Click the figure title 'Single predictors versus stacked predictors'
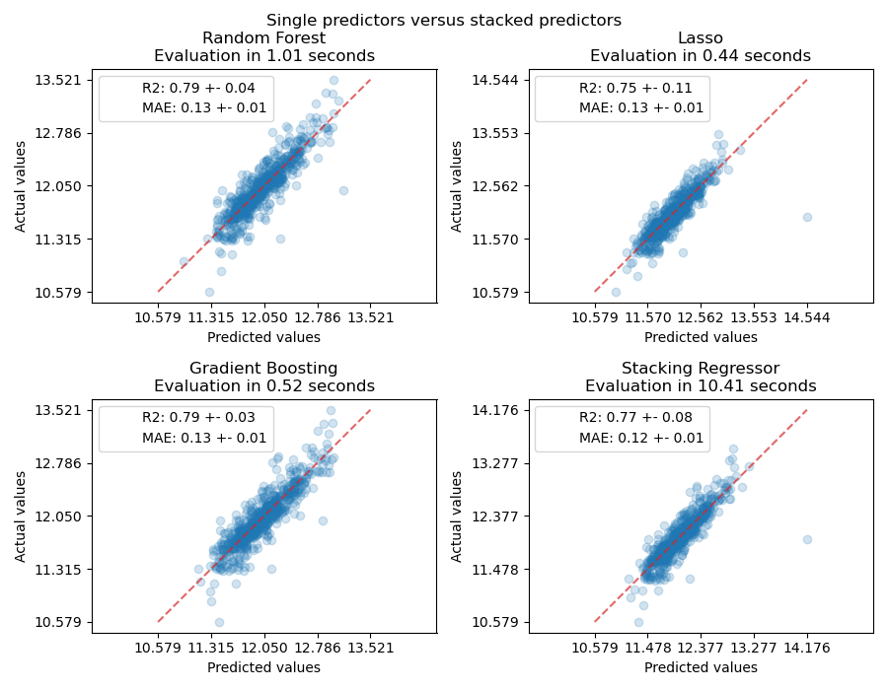click(443, 20)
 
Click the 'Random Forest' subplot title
click(263, 38)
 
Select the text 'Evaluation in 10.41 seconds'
click(701, 386)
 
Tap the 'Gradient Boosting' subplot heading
click(263, 369)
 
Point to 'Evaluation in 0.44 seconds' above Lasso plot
click(701, 56)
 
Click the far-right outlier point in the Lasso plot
click(807, 217)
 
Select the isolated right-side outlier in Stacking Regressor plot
click(807, 539)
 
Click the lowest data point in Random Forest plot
click(209, 292)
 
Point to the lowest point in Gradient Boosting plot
click(219, 622)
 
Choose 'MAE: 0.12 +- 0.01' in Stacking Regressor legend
click(641, 438)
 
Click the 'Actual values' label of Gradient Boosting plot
click(21, 517)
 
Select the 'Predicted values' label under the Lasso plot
click(701, 337)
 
